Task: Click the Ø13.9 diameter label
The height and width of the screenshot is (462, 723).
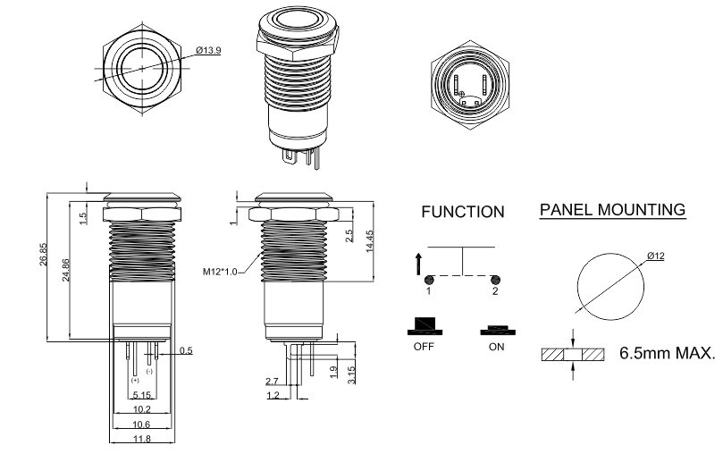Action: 207,50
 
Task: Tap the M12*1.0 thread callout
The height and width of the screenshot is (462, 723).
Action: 222,268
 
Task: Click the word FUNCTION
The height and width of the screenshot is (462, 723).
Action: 462,213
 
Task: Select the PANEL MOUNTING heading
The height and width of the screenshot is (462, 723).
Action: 612,210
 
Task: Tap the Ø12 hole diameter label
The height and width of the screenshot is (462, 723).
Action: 656,257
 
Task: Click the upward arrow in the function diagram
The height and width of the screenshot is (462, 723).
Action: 419,263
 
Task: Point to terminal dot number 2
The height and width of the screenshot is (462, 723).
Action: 495,279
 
